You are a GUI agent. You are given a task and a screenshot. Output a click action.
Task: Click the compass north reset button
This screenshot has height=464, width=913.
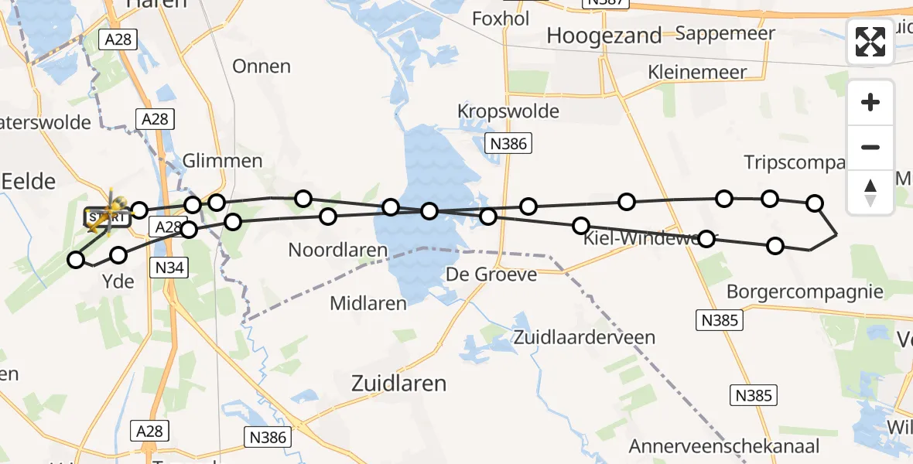pos(870,191)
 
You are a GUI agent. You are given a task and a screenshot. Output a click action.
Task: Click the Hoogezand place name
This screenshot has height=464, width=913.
pos(604,36)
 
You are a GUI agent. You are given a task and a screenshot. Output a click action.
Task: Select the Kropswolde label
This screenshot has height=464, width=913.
pos(508,111)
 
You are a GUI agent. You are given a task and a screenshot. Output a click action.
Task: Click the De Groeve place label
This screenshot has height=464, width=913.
pos(491,275)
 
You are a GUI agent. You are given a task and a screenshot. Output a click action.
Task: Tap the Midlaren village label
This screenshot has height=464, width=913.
pos(368,303)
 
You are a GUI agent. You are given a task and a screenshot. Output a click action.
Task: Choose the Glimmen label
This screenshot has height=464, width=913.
pos(222,162)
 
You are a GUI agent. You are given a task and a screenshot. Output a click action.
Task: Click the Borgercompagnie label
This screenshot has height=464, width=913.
pos(805,292)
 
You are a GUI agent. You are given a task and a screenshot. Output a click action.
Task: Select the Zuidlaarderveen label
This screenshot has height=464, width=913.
pos(583,337)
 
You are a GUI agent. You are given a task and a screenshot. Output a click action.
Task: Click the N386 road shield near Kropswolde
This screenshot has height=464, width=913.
pos(508,143)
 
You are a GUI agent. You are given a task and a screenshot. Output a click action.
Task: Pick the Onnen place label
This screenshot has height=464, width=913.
pos(262,67)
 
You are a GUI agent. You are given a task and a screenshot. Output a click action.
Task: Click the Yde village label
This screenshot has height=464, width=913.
pos(118,281)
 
